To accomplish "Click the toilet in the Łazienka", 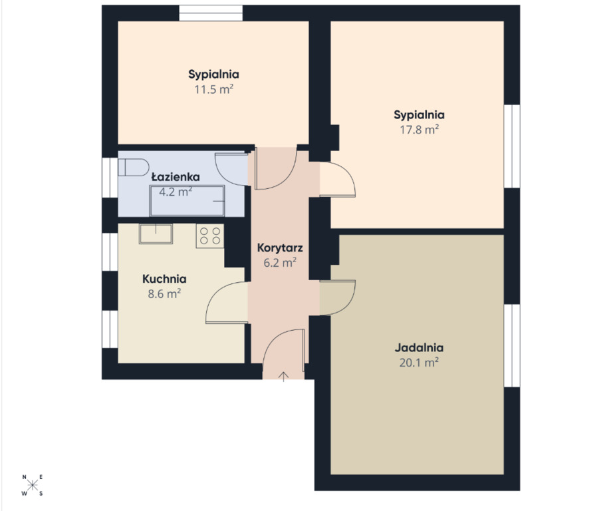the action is (133, 167).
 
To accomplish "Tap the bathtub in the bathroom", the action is (187, 200).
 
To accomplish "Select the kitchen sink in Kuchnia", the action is (156, 234).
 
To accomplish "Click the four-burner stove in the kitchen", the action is (209, 236).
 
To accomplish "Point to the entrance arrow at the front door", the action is (284, 376).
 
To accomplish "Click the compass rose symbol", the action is (32, 485).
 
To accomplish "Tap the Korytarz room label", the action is (280, 248).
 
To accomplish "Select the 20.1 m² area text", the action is (419, 363).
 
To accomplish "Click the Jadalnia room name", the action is (419, 347).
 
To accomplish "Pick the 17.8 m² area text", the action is (419, 129).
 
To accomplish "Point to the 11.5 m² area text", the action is (213, 89).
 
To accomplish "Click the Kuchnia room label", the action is (164, 279).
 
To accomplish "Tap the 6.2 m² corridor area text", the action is (280, 263).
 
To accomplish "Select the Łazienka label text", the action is (176, 177).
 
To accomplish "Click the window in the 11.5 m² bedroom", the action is (211, 13).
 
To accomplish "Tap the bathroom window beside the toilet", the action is (110, 178).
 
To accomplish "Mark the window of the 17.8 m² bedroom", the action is (512, 146).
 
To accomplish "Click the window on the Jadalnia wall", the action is (512, 345).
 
